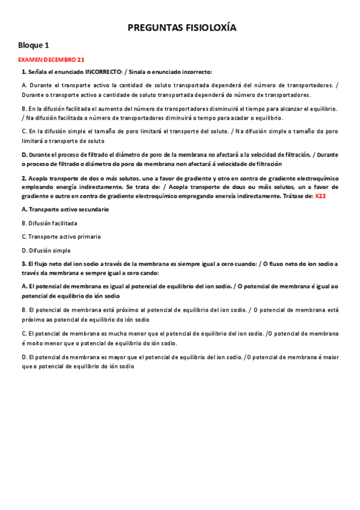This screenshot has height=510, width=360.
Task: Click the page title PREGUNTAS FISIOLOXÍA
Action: [182, 28]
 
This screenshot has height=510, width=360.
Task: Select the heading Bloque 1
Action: [34, 45]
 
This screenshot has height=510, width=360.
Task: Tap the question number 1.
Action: [23, 72]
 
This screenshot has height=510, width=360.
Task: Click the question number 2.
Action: [23, 179]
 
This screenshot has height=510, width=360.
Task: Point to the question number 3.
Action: [23, 264]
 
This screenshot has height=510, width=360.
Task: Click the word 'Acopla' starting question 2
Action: [38, 179]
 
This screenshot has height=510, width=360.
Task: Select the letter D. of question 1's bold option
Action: [24, 155]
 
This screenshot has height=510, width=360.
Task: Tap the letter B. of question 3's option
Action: [24, 310]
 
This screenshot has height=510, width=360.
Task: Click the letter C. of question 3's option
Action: [24, 333]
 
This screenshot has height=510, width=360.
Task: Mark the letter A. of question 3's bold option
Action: [24, 287]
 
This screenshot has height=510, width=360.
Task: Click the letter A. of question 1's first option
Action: [24, 85]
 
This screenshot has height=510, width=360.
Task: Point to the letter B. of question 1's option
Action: [24, 109]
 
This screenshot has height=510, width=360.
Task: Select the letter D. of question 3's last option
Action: [24, 357]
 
